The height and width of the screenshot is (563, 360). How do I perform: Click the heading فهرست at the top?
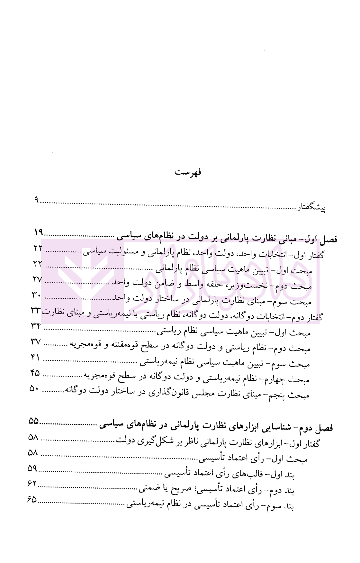(x=188, y=172)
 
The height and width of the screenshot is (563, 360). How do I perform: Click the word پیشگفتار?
(x=311, y=208)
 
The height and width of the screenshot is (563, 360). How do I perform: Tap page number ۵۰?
(x=34, y=388)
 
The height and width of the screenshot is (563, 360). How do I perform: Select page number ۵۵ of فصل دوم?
(x=33, y=421)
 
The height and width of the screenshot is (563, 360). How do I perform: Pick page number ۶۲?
(x=32, y=484)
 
